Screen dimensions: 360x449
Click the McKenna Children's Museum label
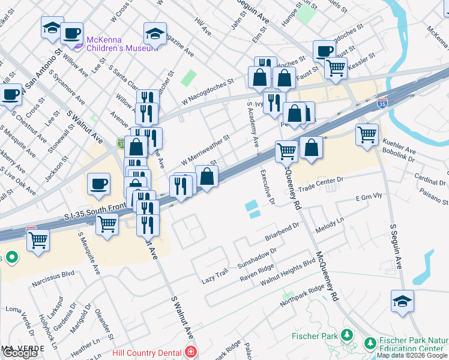122,44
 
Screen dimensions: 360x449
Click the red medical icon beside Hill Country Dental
191,352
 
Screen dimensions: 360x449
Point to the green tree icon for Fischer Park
346,335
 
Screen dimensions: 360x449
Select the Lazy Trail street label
215,275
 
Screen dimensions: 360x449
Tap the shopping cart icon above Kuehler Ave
367,134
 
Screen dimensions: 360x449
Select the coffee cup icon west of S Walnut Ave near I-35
98,184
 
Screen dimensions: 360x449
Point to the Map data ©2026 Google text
412,356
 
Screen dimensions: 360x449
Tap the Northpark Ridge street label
303,295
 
